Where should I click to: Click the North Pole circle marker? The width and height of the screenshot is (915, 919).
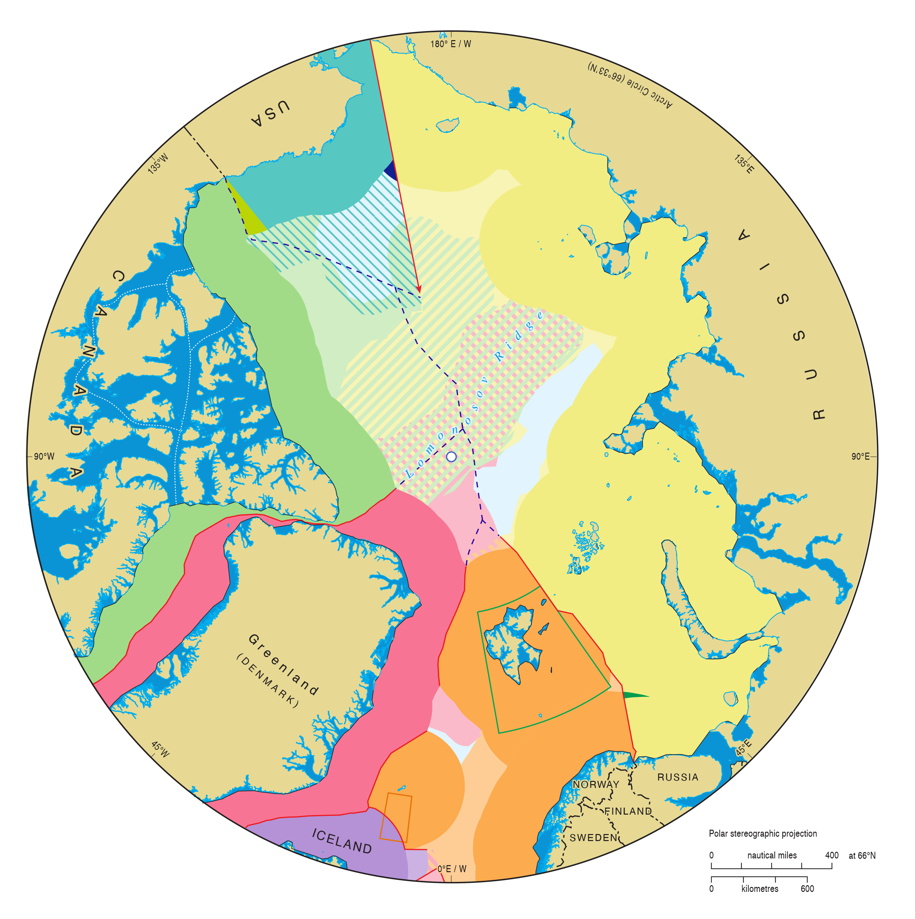tap(451, 457)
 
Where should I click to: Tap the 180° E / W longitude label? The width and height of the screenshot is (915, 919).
tap(451, 44)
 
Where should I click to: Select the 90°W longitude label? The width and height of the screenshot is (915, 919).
tap(44, 457)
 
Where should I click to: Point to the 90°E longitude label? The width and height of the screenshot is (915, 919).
tap(860, 457)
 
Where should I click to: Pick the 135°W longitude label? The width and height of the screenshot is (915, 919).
tap(158, 164)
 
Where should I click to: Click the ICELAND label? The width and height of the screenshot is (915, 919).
tap(342, 841)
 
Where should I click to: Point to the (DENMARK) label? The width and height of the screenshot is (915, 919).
tap(267, 681)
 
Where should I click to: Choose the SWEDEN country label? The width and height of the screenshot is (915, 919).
tap(593, 838)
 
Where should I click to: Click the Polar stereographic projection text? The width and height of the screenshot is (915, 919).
tap(763, 834)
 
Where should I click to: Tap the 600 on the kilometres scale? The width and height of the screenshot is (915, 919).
tap(807, 889)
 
